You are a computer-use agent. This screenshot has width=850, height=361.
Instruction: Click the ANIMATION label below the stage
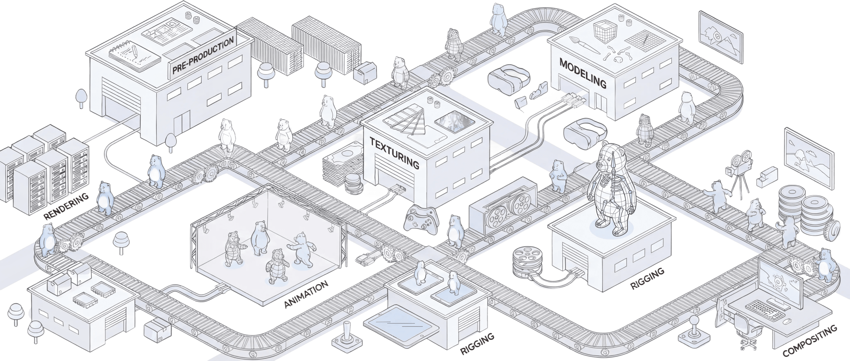[x=306, y=294]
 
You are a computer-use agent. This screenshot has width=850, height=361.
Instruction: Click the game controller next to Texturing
[x=421, y=220]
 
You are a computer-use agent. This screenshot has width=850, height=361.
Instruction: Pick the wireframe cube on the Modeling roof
[x=606, y=32]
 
